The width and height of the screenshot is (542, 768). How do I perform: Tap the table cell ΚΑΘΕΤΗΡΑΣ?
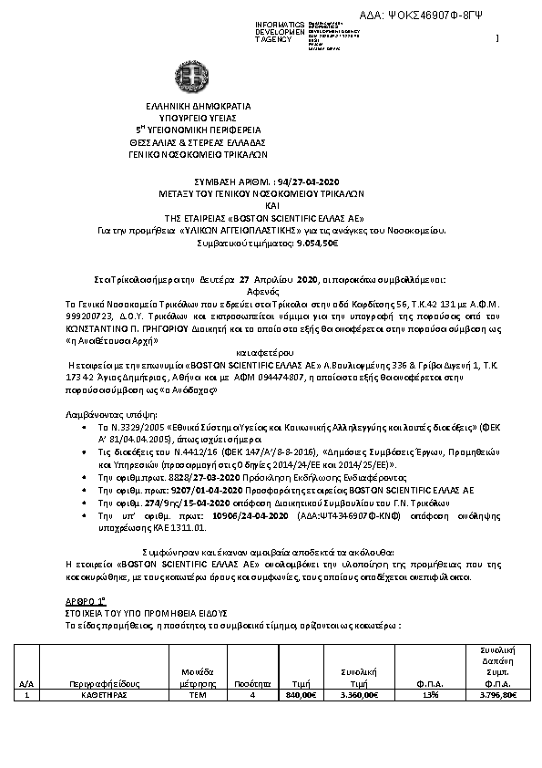coord(112,694)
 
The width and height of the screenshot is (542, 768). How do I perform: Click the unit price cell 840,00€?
coord(301,694)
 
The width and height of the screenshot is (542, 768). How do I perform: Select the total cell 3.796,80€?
coord(497,694)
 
